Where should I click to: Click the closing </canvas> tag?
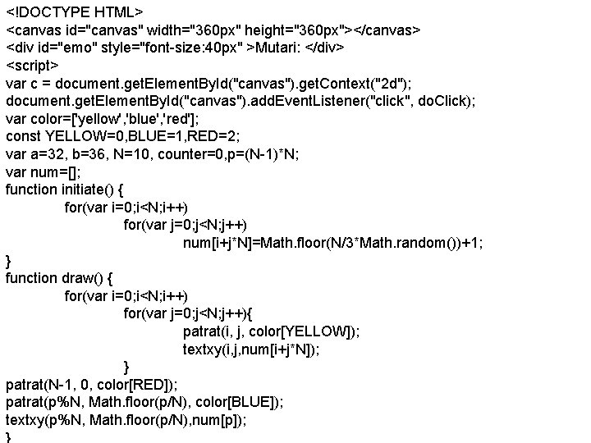[x=380, y=30]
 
